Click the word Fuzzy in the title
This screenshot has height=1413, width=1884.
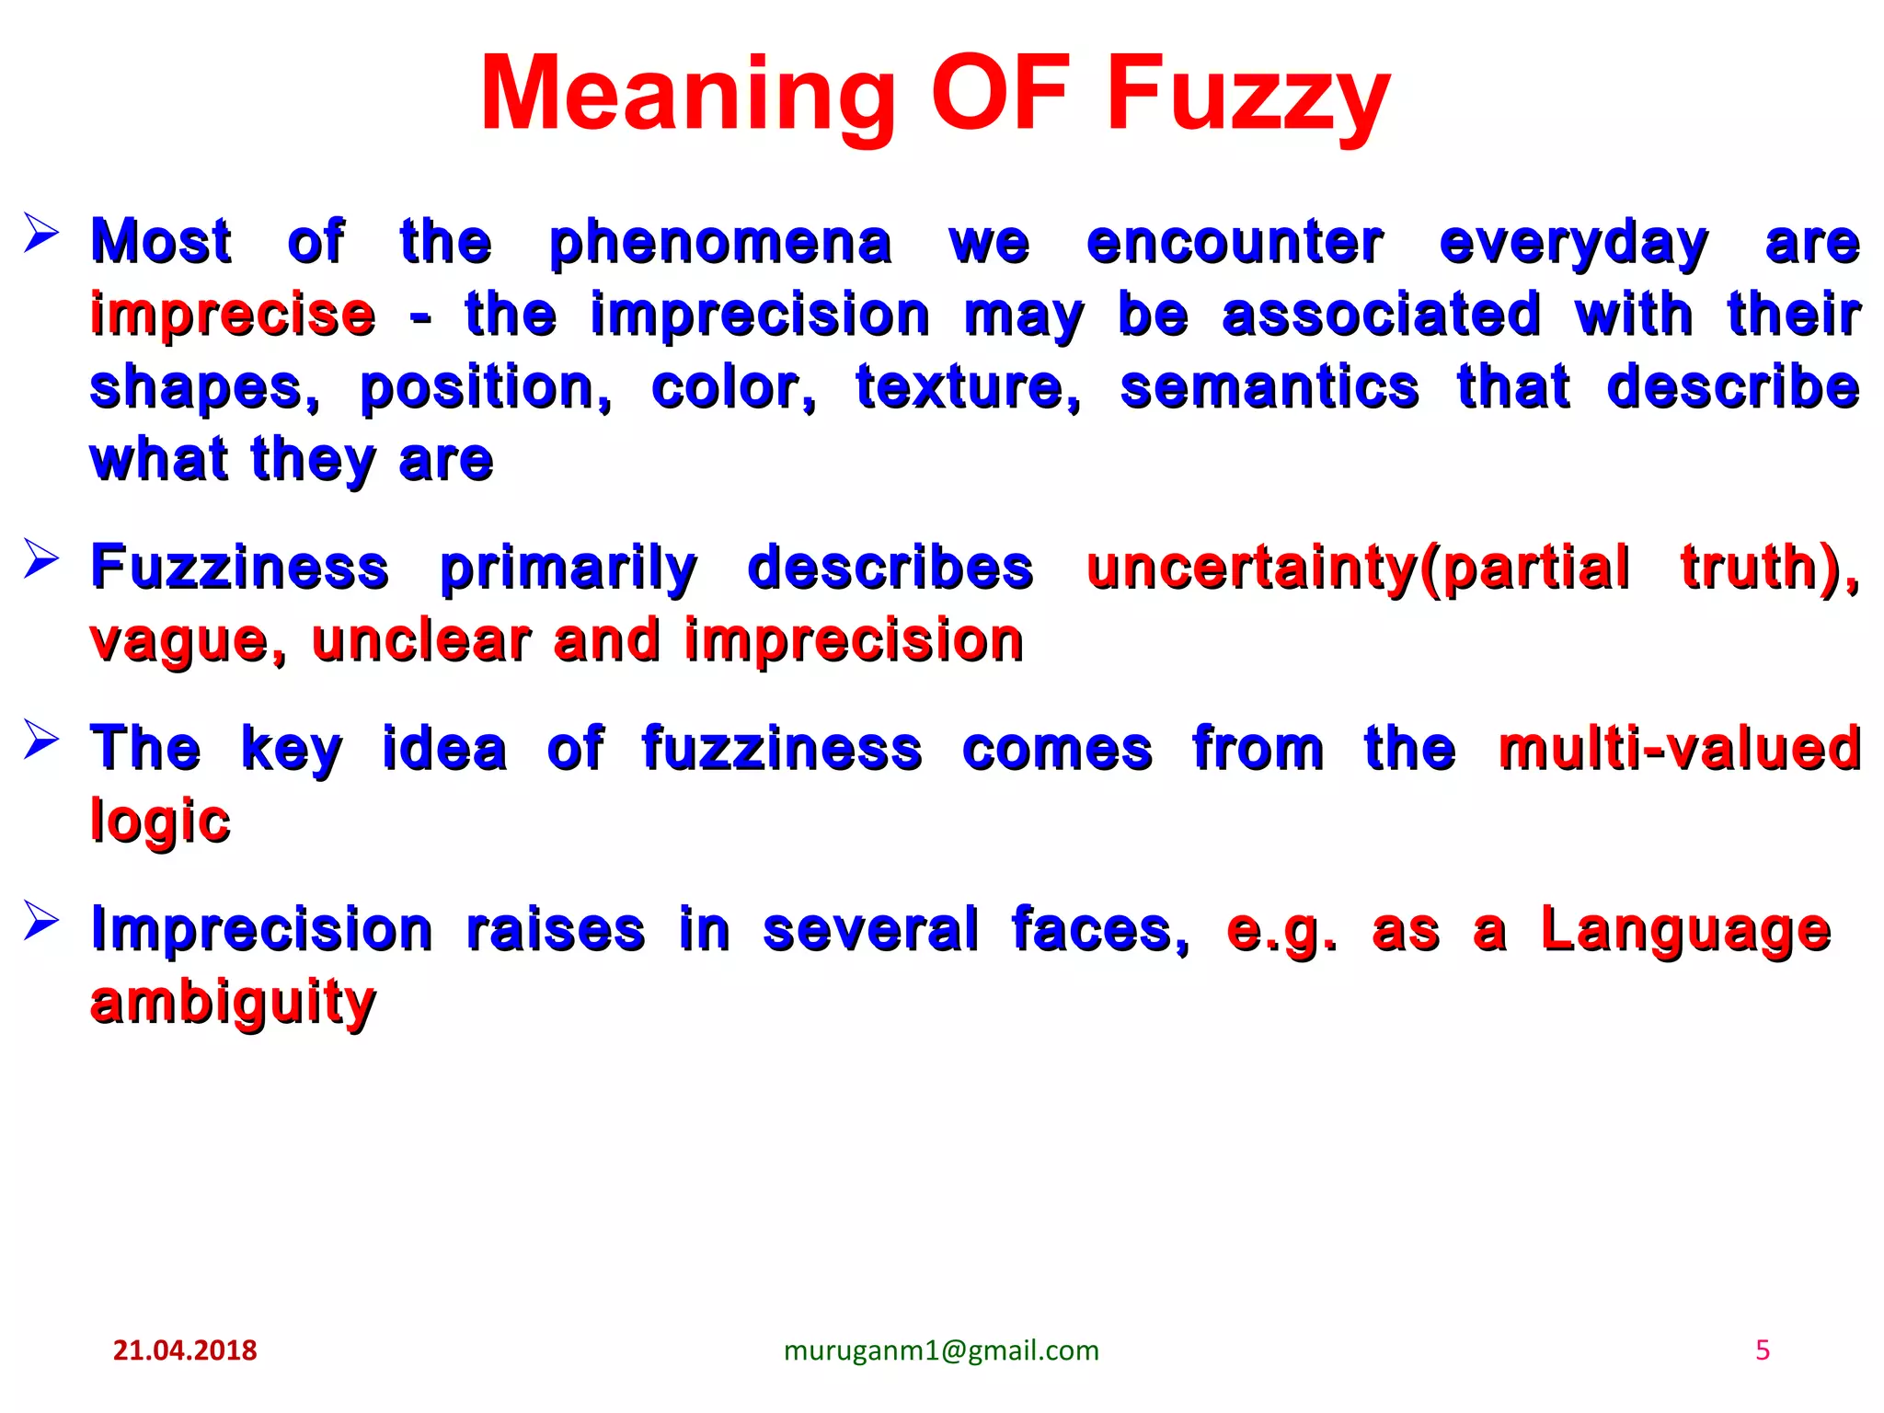click(x=1247, y=95)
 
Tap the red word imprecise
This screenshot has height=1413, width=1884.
click(x=233, y=315)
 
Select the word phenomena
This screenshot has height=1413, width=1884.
click(x=720, y=243)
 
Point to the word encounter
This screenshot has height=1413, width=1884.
click(x=1235, y=243)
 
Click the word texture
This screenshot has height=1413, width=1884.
click(x=968, y=386)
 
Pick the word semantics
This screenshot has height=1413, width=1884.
click(x=1269, y=386)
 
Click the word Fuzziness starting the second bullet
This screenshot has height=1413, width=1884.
click(x=239, y=568)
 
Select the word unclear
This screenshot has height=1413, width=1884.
click(x=421, y=640)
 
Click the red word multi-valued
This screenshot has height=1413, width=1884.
click(x=1679, y=748)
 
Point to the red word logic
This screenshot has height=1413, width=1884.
click(x=160, y=821)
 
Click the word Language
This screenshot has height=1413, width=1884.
click(x=1686, y=930)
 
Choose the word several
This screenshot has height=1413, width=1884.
click(x=870, y=930)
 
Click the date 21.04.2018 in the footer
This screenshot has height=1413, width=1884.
click(x=185, y=1350)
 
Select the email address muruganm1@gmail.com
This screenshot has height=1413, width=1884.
click(x=941, y=1350)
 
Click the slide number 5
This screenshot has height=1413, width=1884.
click(x=1763, y=1350)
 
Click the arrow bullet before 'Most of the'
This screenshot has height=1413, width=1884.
click(x=41, y=233)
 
